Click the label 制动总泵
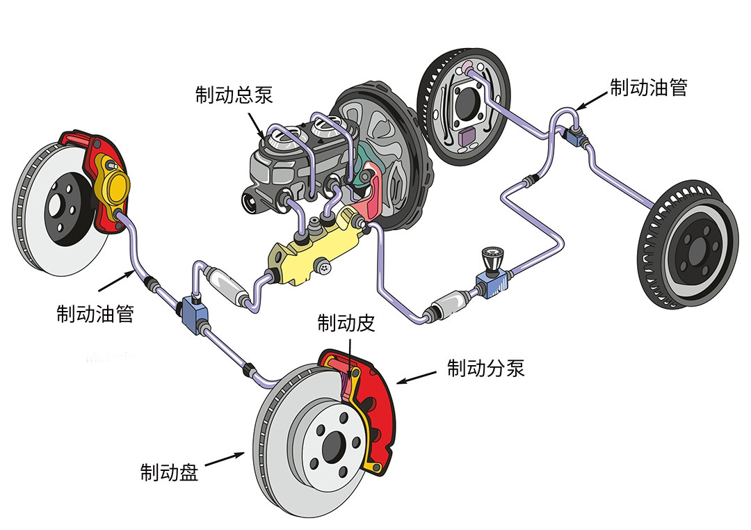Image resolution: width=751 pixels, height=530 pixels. tap(234, 95)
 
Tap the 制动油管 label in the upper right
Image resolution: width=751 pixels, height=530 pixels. tap(648, 87)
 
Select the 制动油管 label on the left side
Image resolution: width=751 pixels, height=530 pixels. tap(95, 314)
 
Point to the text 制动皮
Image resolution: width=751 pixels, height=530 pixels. tap(346, 323)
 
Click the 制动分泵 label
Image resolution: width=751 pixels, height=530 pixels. tap(485, 368)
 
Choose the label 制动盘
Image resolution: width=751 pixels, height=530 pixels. tap(169, 473)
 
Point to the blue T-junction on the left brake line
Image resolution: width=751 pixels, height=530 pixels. tap(192, 310)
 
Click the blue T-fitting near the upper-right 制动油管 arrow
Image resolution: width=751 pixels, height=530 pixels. tap(574, 137)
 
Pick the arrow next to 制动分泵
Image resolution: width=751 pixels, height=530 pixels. tap(415, 377)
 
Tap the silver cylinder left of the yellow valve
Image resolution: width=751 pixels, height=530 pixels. tap(227, 283)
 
